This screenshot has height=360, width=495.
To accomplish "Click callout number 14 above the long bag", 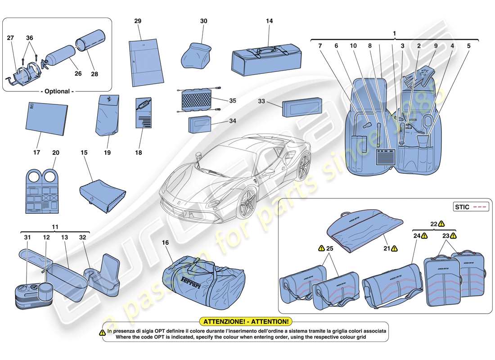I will [270, 21].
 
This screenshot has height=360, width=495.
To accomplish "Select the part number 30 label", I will [204, 21].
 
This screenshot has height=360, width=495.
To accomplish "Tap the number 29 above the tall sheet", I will [138, 21].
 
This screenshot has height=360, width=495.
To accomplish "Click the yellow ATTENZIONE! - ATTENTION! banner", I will [246, 322].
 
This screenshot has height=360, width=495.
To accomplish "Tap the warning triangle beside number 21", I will [394, 248].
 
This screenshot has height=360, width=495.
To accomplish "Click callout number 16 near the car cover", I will [165, 243].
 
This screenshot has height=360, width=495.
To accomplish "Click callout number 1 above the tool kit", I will [394, 33].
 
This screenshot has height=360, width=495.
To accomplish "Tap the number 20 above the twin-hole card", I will [56, 153].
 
